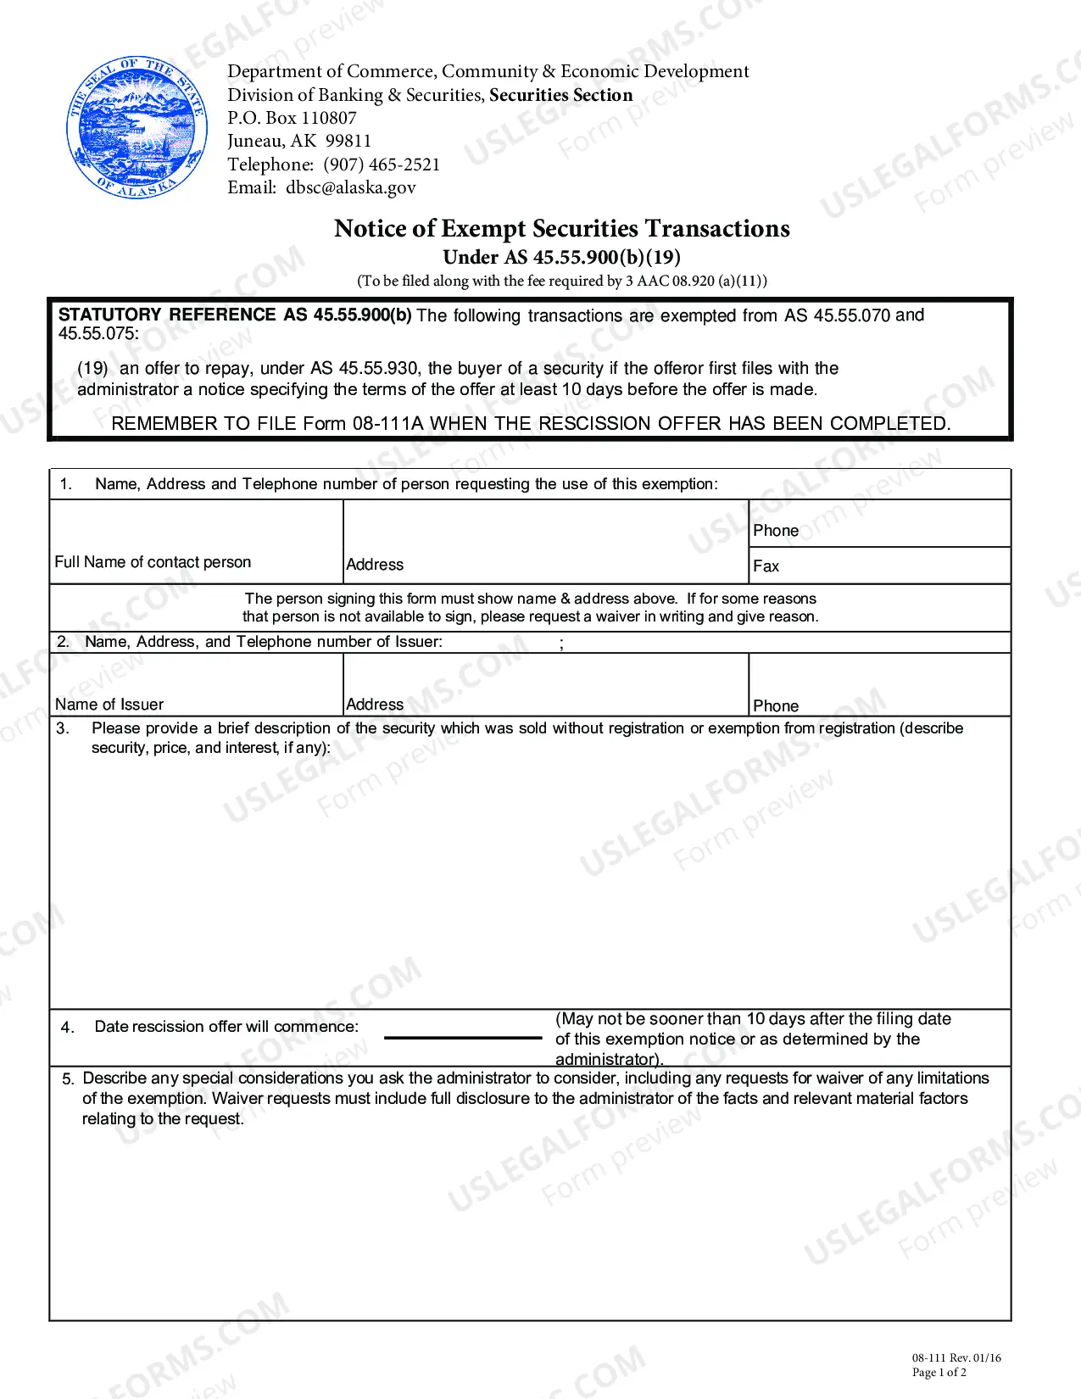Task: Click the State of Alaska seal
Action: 137,128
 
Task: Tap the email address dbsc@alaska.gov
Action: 350,187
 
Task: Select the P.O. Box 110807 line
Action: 292,118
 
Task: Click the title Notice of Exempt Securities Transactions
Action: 561,229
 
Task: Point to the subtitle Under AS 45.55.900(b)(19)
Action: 561,257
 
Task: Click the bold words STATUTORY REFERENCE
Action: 167,315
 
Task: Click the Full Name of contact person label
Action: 153,562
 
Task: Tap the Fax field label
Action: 766,566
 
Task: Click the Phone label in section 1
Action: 776,531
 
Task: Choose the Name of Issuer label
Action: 109,705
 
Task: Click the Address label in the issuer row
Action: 375,705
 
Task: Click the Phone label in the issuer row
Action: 776,706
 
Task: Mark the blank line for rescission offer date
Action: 463,1037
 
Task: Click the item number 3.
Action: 63,728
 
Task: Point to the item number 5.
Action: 68,1079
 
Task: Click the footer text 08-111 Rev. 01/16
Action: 956,1357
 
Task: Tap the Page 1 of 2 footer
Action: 939,1372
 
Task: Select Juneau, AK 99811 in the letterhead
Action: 299,141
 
